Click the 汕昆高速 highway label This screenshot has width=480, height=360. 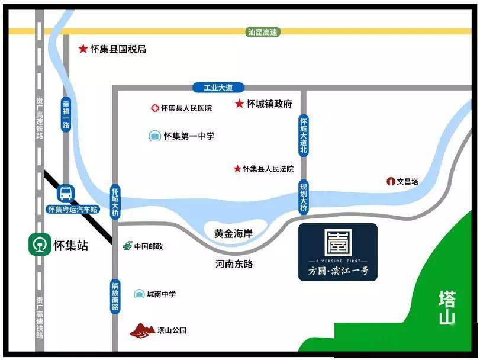pyautogui.click(x=262, y=33)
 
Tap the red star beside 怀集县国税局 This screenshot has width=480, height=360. pyautogui.click(x=83, y=49)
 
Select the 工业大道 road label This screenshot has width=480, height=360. pyautogui.click(x=215, y=88)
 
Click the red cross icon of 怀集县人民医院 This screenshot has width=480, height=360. pyautogui.click(x=155, y=108)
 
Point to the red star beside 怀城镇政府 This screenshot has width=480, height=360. pyautogui.click(x=239, y=104)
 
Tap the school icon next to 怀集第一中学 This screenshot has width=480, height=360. pyautogui.click(x=154, y=136)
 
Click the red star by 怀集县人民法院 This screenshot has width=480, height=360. pyautogui.click(x=237, y=169)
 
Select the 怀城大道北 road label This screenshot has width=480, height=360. pyautogui.click(x=304, y=136)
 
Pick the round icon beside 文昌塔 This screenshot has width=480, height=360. pyautogui.click(x=391, y=182)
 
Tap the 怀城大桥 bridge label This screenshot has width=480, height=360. pyautogui.click(x=115, y=202)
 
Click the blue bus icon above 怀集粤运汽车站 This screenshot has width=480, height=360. pyautogui.click(x=65, y=193)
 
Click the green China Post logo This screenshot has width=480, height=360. pyautogui.click(x=127, y=246)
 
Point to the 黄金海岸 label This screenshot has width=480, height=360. pyautogui.click(x=233, y=234)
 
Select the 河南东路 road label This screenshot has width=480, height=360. pyautogui.click(x=234, y=264)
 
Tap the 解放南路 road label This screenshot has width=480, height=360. pyautogui.click(x=115, y=295)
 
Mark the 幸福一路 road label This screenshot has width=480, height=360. pyautogui.click(x=66, y=115)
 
